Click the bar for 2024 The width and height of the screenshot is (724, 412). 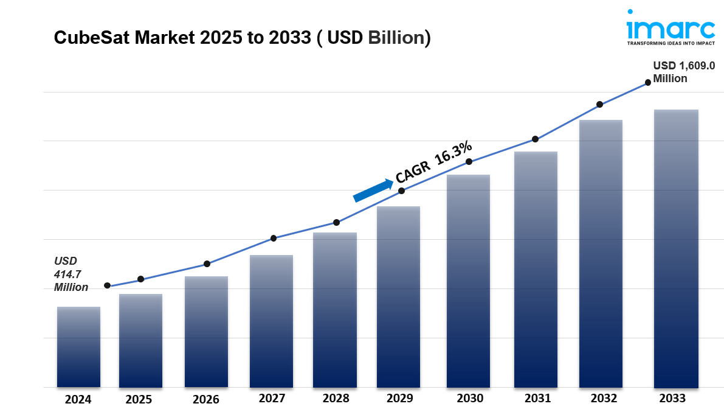coord(78,347)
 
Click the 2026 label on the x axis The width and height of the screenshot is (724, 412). coord(205,400)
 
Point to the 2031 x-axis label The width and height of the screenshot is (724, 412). coord(536,399)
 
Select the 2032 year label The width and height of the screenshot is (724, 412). coord(601,399)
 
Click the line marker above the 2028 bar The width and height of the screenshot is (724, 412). coord(336,222)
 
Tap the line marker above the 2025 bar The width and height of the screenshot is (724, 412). coord(140,279)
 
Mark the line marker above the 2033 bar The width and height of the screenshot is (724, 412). coord(648,82)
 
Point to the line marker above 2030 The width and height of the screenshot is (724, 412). coord(469,162)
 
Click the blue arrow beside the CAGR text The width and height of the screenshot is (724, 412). coord(373,190)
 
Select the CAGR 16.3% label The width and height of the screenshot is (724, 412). coord(433,161)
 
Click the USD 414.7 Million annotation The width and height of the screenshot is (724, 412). coord(71,274)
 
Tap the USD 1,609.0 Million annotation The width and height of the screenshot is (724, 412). coord(683,72)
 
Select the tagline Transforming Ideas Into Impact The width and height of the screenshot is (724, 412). coord(671,44)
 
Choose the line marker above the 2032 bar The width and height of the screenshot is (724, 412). coord(599,105)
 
